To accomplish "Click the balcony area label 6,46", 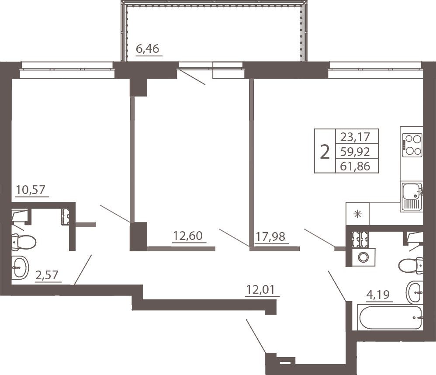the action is (147, 49).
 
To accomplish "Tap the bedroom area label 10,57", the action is (30, 190).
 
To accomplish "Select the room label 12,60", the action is (188, 236).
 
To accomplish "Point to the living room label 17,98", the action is (270, 236).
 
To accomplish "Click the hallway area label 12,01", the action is (260, 290).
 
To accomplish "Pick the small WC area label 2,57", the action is (47, 275).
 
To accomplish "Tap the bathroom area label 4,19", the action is (378, 294).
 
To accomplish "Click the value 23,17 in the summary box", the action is (355, 137).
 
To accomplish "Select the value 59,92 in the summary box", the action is (355, 152).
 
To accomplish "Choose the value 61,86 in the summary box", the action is (355, 167).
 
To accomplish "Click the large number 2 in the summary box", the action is (325, 152).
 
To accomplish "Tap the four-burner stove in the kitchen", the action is (412, 145).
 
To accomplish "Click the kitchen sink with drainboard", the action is (412, 196).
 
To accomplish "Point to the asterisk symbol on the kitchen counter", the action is (358, 214).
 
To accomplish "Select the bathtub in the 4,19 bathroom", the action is (391, 318).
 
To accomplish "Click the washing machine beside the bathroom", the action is (363, 257).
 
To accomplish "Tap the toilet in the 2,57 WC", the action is (24, 242).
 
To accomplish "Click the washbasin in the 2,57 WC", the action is (20, 267).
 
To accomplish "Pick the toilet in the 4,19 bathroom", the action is (411, 265).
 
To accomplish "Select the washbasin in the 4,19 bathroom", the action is (415, 292).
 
